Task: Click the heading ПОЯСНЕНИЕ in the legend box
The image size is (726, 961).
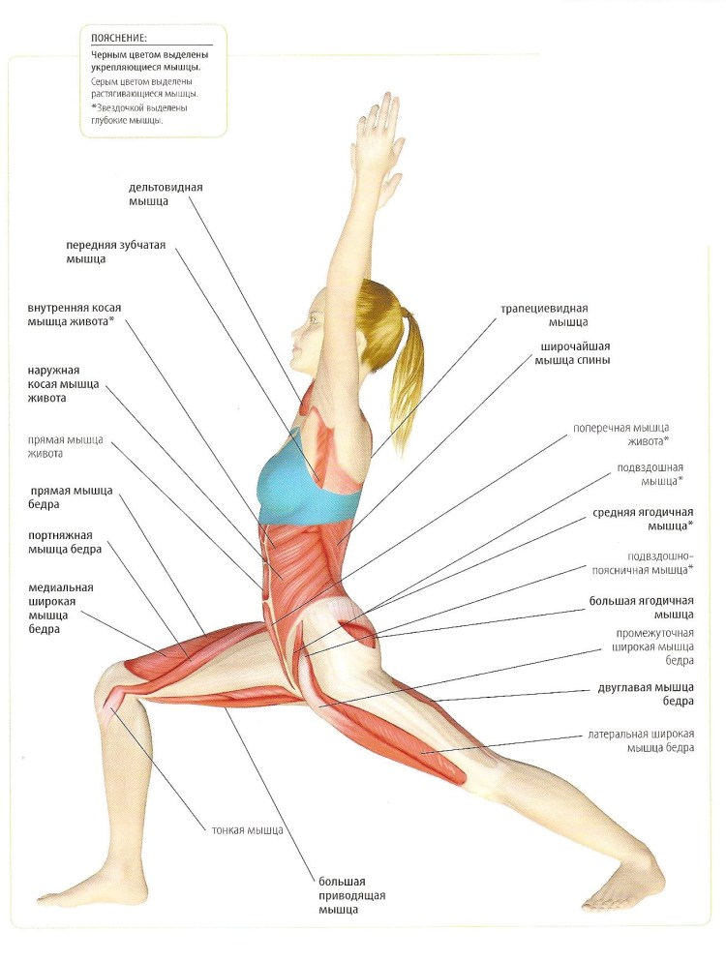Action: click(119, 38)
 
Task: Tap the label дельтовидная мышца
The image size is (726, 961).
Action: click(166, 195)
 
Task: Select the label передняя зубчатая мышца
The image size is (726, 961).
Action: click(116, 252)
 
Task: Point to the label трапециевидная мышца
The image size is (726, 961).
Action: click(544, 315)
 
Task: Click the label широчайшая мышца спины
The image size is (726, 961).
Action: click(572, 353)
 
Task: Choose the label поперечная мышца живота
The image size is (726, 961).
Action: click(620, 435)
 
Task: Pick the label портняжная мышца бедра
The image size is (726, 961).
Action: click(65, 542)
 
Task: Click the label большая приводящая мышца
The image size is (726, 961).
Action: click(351, 895)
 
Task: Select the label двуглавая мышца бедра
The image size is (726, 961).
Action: click(646, 695)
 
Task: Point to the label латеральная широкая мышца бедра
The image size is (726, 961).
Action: click(641, 741)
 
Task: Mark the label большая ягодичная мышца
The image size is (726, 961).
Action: click(642, 608)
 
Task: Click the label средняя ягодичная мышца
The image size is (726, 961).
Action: click(643, 519)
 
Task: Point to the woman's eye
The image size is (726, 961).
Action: click(315, 319)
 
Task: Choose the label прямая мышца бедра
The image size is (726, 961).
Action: click(72, 497)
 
